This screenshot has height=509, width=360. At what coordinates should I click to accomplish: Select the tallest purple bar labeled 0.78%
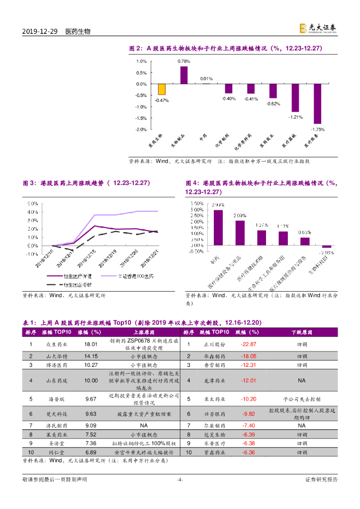[184, 75]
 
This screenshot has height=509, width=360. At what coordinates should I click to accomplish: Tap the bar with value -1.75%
[317, 103]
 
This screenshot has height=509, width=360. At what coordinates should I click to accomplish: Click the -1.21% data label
[296, 117]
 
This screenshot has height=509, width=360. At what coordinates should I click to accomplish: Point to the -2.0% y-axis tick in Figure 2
[141, 129]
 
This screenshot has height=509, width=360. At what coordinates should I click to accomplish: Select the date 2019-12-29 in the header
[40, 31]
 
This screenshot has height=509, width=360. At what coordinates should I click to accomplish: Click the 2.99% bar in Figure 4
[218, 228]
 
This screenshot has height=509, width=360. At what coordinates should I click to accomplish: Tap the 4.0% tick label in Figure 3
[32, 212]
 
